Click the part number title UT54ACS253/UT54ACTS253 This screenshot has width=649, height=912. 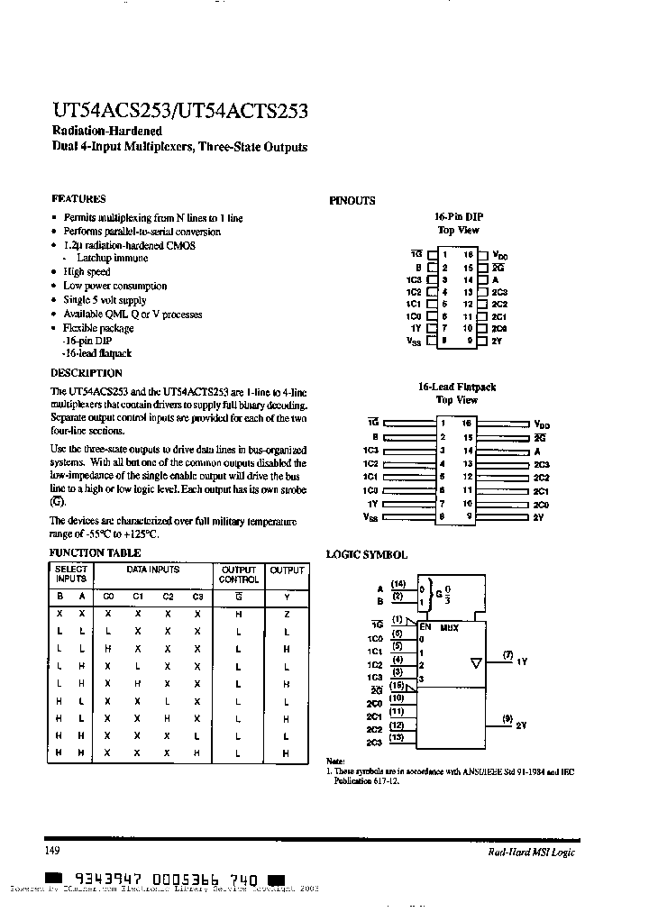pyautogui.click(x=178, y=111)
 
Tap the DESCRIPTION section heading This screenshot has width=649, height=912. pyautogui.click(x=86, y=372)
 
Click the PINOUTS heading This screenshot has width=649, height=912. pyautogui.click(x=352, y=201)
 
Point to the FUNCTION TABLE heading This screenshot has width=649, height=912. pyautogui.click(x=95, y=552)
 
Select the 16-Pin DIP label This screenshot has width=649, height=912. pyautogui.click(x=459, y=217)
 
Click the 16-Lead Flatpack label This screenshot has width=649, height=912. pyautogui.click(x=457, y=387)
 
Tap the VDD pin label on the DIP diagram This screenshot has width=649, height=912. pyautogui.click(x=502, y=256)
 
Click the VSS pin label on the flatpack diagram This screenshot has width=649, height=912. pyautogui.click(x=370, y=517)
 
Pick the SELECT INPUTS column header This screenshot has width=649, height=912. pyautogui.click(x=71, y=574)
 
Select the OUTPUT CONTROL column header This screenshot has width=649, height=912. pyautogui.click(x=239, y=574)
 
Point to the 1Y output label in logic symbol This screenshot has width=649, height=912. pyautogui.click(x=522, y=661)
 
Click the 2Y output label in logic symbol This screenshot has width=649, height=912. pyautogui.click(x=522, y=725)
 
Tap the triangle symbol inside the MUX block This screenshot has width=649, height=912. pyautogui.click(x=476, y=663)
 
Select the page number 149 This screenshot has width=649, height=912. pyautogui.click(x=52, y=851)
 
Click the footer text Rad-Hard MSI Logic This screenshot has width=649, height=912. pyautogui.click(x=526, y=853)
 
